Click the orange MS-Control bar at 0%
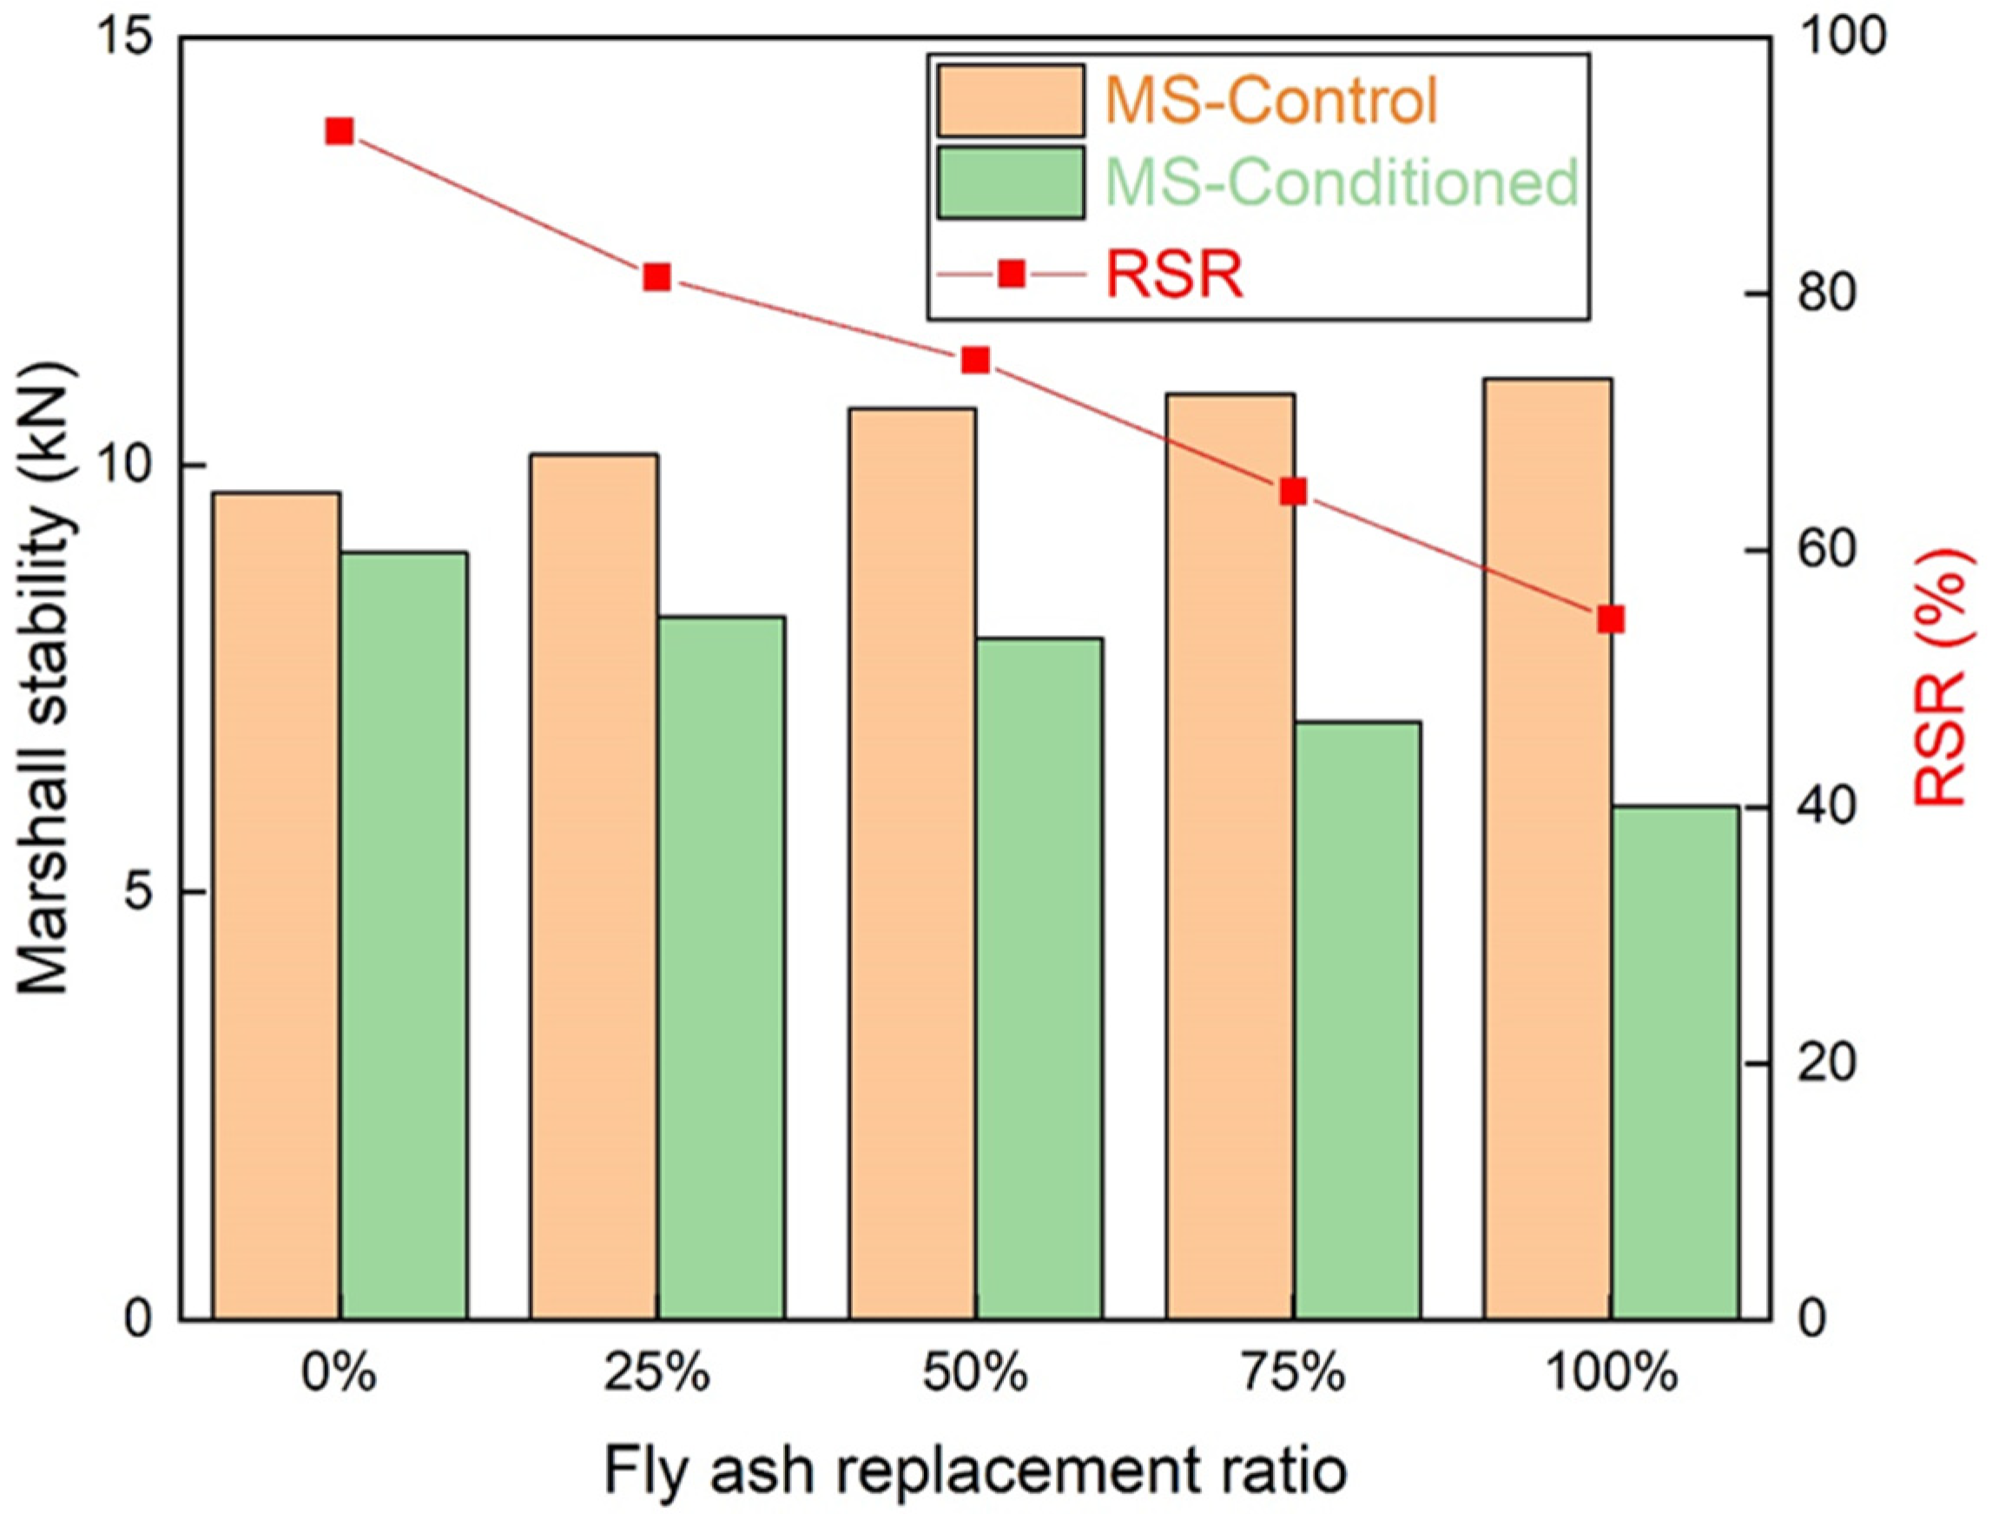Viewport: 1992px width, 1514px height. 275,906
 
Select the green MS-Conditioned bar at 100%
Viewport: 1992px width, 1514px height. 1676,1063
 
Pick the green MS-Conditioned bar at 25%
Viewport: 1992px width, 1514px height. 721,969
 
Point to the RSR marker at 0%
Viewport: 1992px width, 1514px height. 339,131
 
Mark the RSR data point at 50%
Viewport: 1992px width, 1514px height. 976,360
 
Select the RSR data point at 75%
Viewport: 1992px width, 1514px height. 1294,492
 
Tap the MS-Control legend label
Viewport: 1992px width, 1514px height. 1270,101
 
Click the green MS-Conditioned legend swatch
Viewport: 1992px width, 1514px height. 1010,183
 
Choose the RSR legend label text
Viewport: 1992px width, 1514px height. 1174,274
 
